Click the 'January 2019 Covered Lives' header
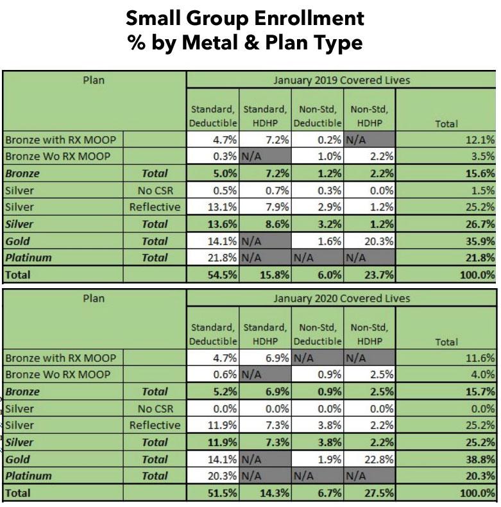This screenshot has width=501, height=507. tap(341, 81)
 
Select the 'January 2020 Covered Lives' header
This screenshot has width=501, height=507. tap(341, 298)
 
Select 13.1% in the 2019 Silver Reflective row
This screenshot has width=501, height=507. tap(225, 207)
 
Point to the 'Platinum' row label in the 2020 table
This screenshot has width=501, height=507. tap(28, 476)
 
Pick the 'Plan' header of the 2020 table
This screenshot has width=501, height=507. tap(94, 298)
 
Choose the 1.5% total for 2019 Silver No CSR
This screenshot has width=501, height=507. tap(482, 191)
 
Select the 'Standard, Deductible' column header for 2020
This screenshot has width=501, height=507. tap(214, 334)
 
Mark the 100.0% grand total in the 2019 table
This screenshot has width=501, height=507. tap(478, 275)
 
